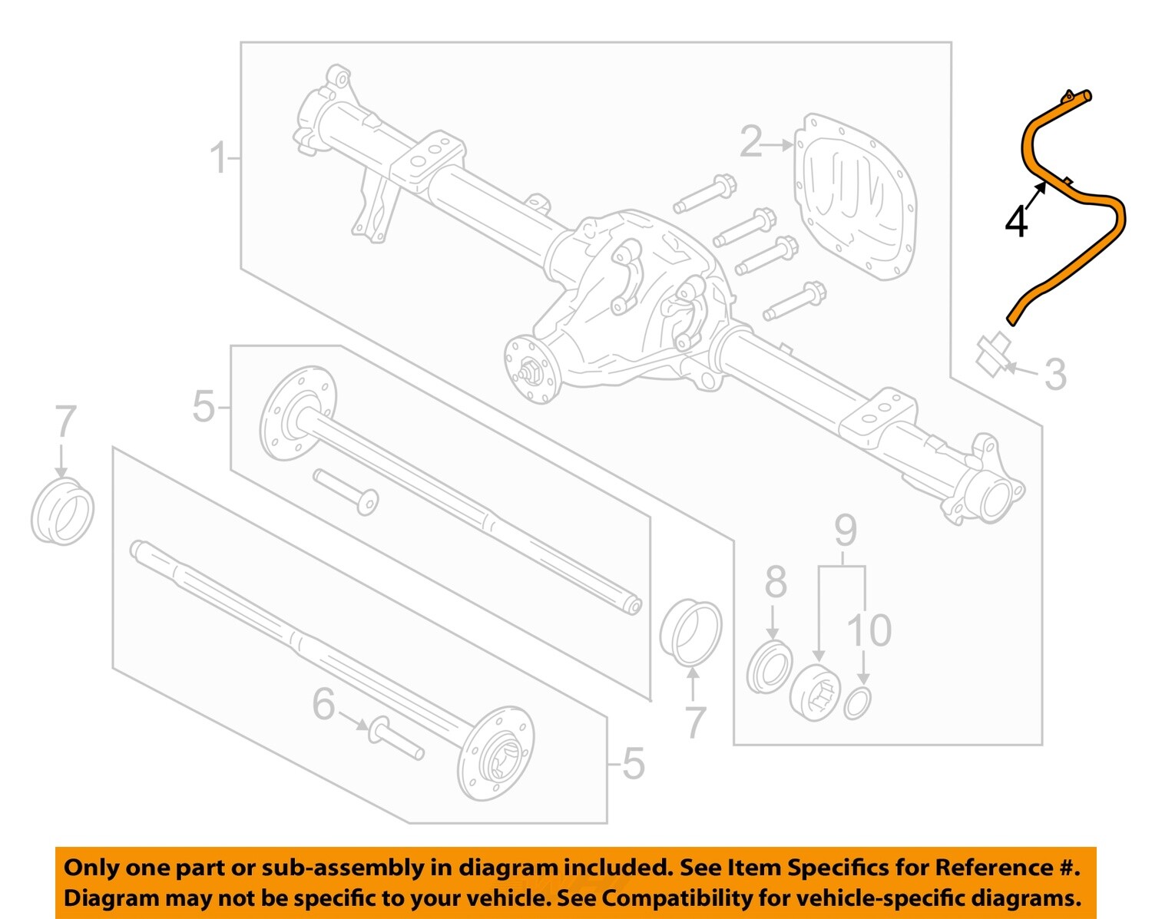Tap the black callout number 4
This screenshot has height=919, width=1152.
[1016, 223]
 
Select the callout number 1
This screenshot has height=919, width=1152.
[219, 158]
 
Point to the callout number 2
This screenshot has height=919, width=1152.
[752, 142]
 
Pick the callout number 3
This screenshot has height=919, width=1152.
[1056, 374]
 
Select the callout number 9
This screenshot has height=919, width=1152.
[845, 531]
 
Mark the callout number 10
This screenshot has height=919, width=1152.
[869, 630]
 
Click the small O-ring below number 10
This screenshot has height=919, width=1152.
[857, 702]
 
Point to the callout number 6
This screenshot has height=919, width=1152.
[323, 704]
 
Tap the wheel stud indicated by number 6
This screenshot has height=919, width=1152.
[395, 739]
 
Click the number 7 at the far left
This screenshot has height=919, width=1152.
[65, 422]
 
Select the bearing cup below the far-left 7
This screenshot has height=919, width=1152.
[62, 512]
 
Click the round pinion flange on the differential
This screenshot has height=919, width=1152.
[531, 369]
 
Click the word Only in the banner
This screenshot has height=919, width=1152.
[91, 868]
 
